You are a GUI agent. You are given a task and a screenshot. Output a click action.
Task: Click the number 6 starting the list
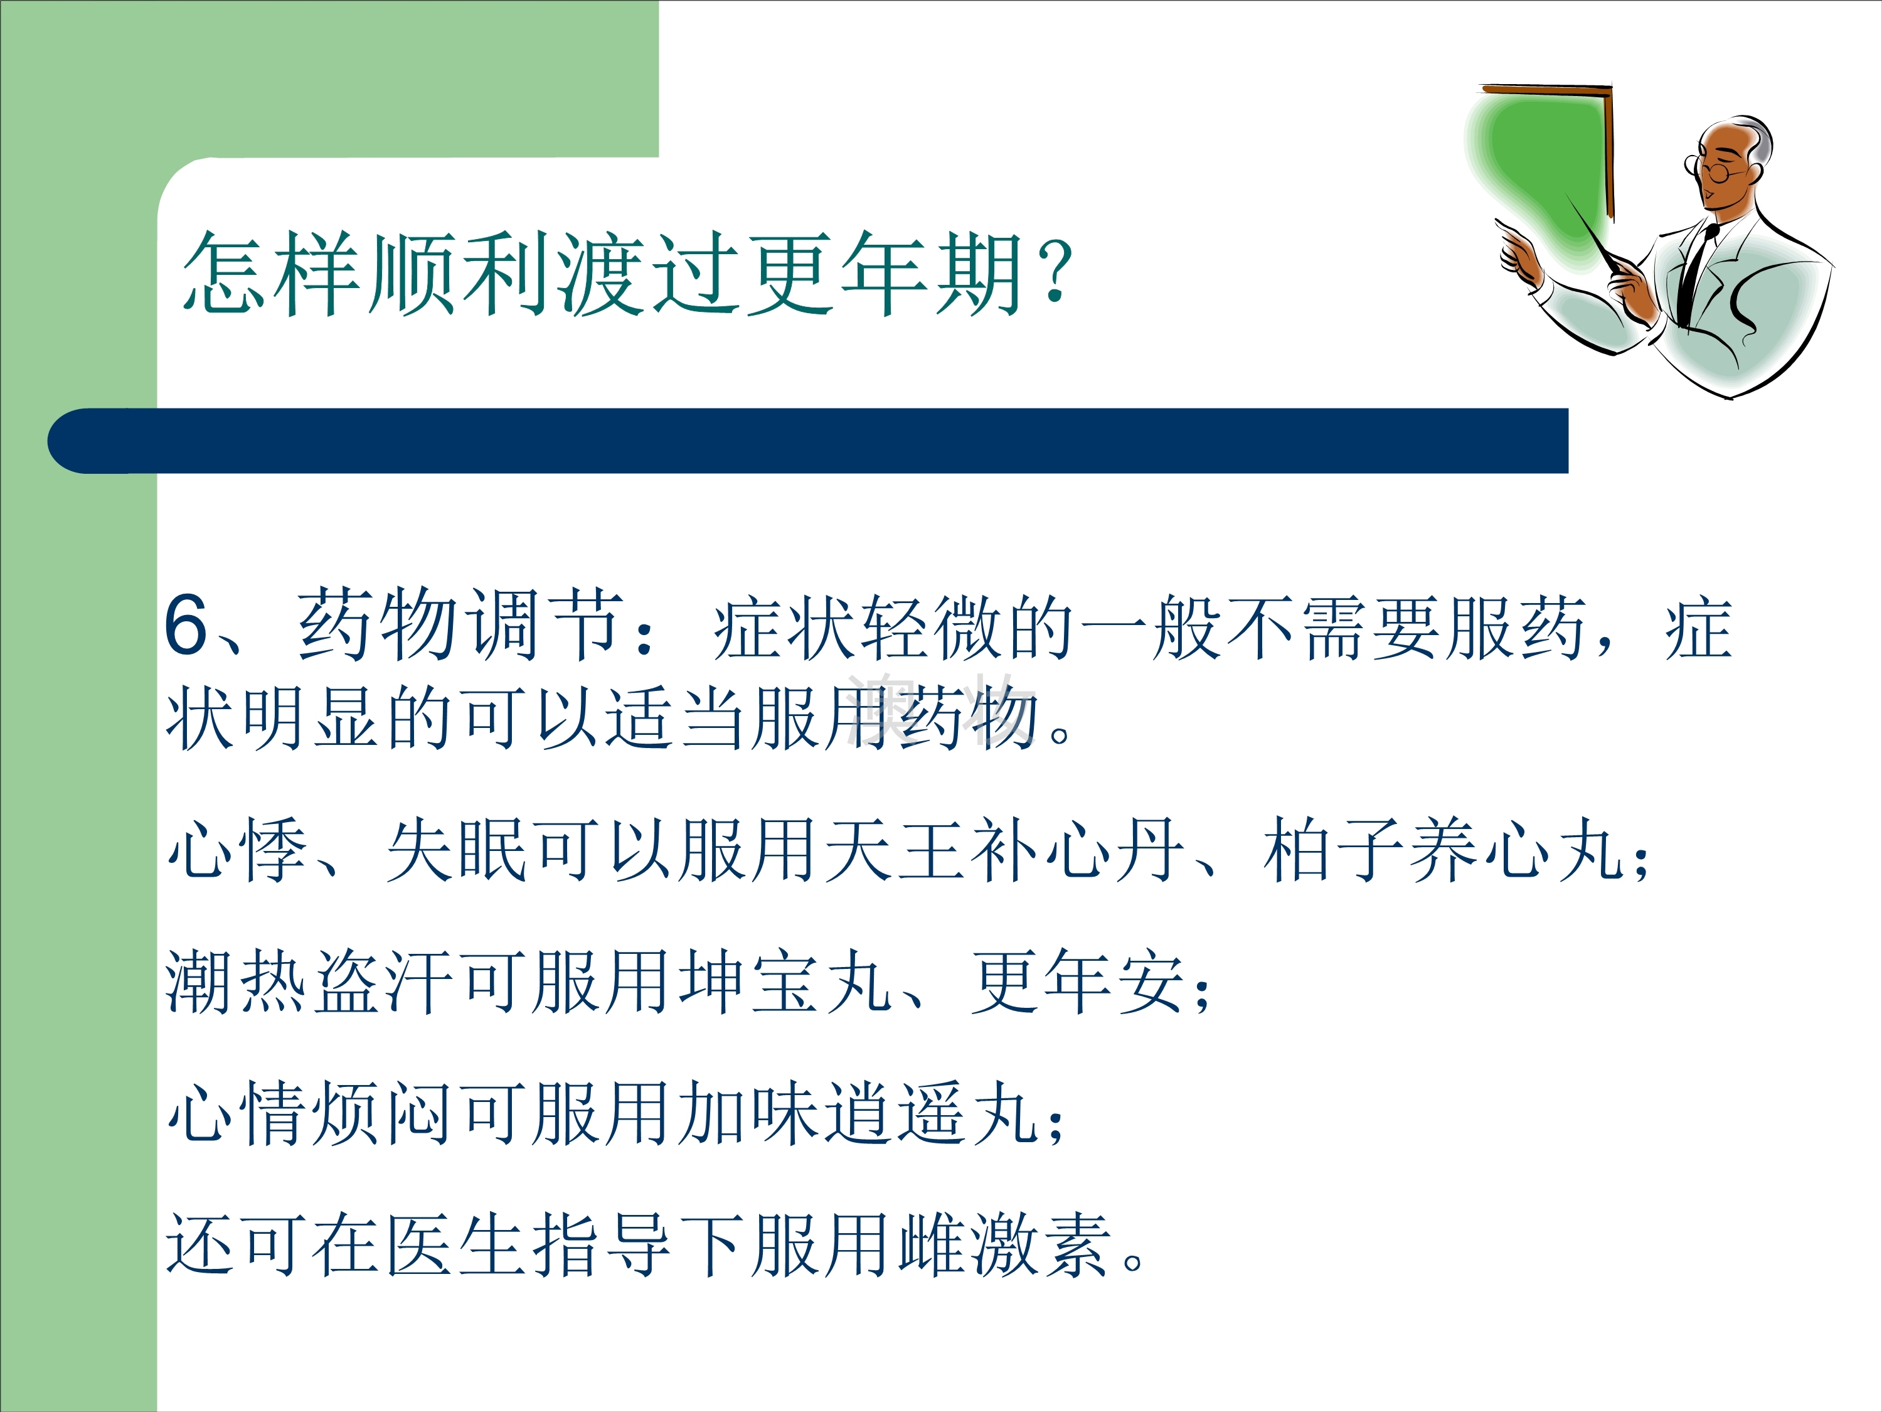(186, 624)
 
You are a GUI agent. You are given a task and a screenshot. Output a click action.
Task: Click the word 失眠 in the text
(458, 850)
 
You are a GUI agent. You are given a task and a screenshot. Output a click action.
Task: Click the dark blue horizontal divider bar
(807, 441)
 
